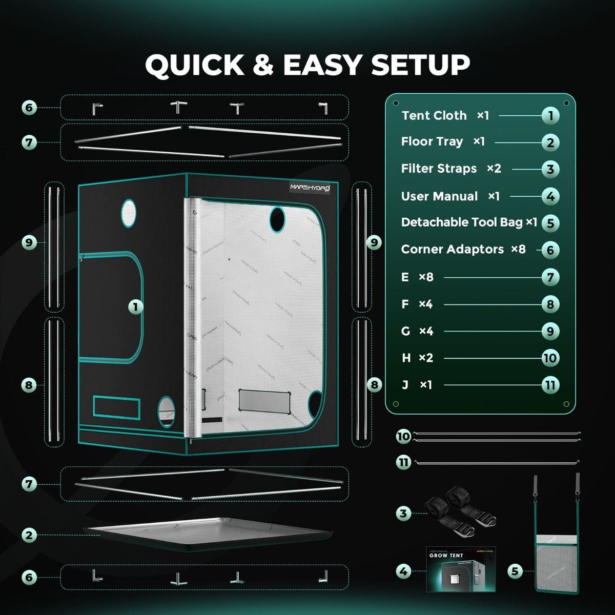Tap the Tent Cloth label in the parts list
(x=434, y=116)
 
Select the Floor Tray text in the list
(x=432, y=141)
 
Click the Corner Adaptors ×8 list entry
(x=463, y=250)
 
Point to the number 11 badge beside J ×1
(x=550, y=385)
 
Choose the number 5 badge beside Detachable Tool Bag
(x=550, y=223)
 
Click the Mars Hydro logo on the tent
(x=311, y=188)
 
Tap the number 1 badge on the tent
(x=135, y=307)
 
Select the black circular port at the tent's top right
(x=277, y=219)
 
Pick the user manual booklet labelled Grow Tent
(x=461, y=569)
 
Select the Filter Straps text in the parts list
(x=439, y=169)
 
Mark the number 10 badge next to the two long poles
(x=404, y=436)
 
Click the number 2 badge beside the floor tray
(x=29, y=535)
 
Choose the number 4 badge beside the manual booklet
(x=404, y=571)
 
